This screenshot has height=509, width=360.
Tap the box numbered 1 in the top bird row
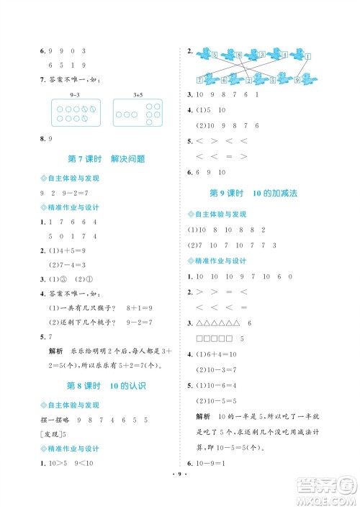click(307, 57)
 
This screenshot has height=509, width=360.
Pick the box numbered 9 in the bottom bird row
click(297, 79)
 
